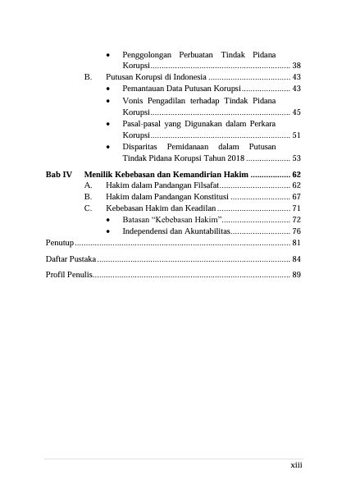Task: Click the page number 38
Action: point(297,65)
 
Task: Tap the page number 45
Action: point(297,112)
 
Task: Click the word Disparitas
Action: point(144,146)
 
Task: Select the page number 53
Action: point(297,158)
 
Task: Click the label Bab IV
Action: point(58,175)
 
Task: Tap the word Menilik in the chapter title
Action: point(100,175)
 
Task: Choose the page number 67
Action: point(297,198)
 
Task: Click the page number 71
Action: point(297,209)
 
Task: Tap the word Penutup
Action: point(60,244)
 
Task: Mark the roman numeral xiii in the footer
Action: point(296,465)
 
